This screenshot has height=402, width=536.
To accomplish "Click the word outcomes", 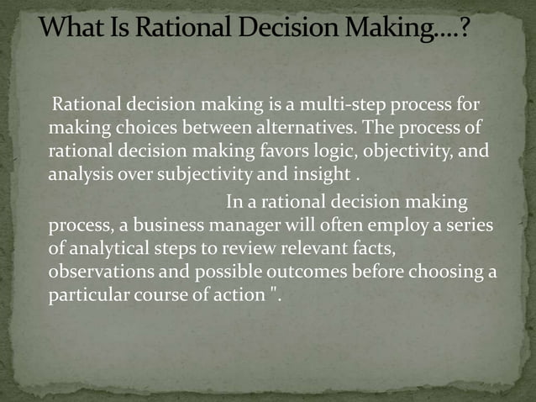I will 299,273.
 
